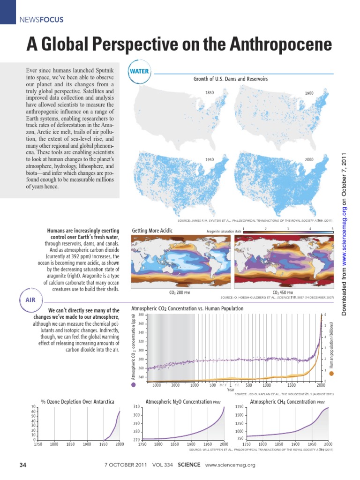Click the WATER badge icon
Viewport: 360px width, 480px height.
139,72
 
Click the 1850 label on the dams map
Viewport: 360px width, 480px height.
210,93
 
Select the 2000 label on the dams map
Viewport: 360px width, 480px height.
309,160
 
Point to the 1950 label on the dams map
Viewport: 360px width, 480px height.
210,160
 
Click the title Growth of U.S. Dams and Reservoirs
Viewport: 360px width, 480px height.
231,79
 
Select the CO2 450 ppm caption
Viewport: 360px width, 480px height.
282,292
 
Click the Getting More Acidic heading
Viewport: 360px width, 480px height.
152,231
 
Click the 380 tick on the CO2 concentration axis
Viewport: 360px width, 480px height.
141,315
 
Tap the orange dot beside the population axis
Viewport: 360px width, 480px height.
331,374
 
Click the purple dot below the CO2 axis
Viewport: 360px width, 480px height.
134,384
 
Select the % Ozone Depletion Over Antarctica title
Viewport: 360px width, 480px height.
77,402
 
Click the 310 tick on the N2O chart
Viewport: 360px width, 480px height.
136,406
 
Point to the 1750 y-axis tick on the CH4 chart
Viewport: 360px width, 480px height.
239,407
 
